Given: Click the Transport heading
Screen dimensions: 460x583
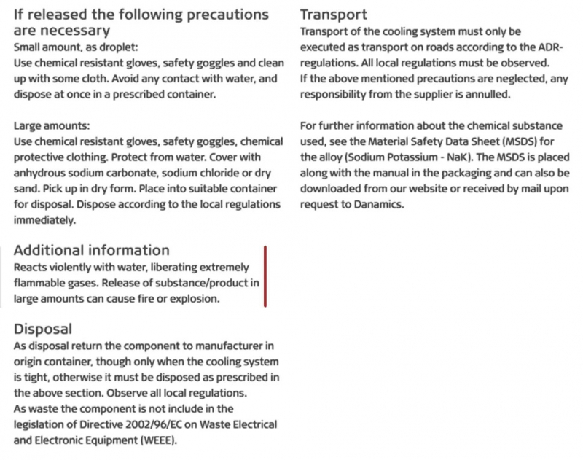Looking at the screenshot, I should coord(333,15).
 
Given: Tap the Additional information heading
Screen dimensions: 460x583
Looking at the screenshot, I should coord(92,250).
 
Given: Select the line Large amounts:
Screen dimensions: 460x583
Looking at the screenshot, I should coord(51,125).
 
